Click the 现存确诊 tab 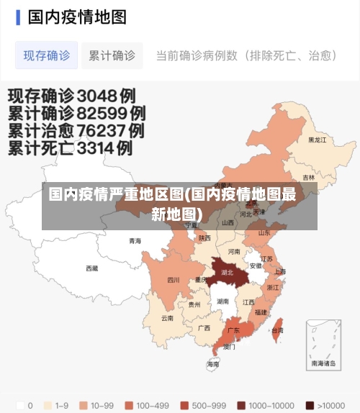47,55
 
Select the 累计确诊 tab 112,55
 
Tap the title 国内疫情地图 77,17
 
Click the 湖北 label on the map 228,273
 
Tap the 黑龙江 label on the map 318,140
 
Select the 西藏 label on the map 91,268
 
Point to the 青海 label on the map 135,241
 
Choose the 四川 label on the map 173,280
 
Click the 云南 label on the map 167,317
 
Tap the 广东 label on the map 233,330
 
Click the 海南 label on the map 212,364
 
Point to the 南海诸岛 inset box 323,346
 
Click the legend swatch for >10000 310,405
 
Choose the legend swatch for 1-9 48,405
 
